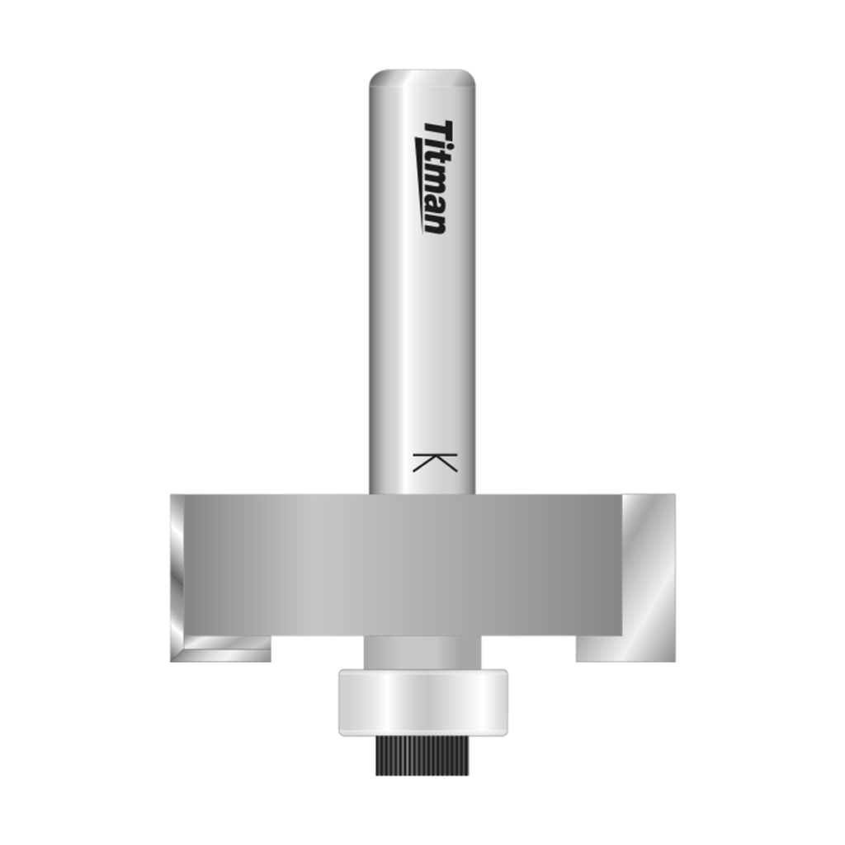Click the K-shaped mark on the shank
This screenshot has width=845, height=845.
433,462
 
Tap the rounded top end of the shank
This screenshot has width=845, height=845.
422,78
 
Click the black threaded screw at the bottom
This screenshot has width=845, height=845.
422,755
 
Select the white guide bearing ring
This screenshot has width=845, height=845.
422,701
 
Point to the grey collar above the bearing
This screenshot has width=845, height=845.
422,652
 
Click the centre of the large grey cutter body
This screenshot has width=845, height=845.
396,565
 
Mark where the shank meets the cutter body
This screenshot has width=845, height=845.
422,494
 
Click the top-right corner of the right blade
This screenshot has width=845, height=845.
674,495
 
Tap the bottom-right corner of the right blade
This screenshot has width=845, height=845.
674,660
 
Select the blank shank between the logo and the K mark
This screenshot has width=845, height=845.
422,338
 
